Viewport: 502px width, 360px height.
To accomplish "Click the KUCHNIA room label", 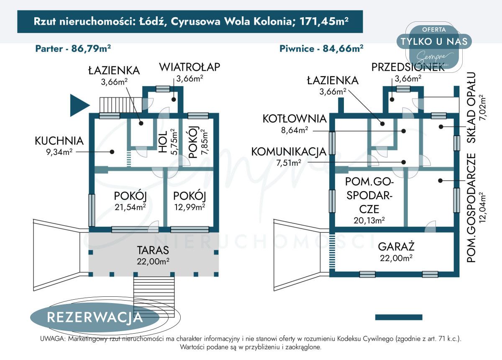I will (59, 141).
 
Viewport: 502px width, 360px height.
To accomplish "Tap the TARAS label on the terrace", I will (153, 250).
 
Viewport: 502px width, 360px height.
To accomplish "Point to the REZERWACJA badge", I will (95, 317).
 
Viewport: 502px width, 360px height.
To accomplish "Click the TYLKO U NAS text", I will (434, 41).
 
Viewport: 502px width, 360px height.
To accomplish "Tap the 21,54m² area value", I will (130, 206).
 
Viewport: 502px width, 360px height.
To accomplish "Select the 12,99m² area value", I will (190, 206).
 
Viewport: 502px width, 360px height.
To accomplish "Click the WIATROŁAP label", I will (190, 67).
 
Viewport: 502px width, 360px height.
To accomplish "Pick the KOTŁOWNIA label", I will (294, 119).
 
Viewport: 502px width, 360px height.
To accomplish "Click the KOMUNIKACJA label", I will (288, 152).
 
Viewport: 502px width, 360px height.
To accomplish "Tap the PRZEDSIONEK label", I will (407, 67).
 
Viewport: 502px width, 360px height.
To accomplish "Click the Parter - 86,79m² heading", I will (73, 48).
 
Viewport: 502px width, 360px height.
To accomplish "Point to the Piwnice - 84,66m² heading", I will (321, 48).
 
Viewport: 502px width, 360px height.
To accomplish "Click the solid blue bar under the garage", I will (399, 317).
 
